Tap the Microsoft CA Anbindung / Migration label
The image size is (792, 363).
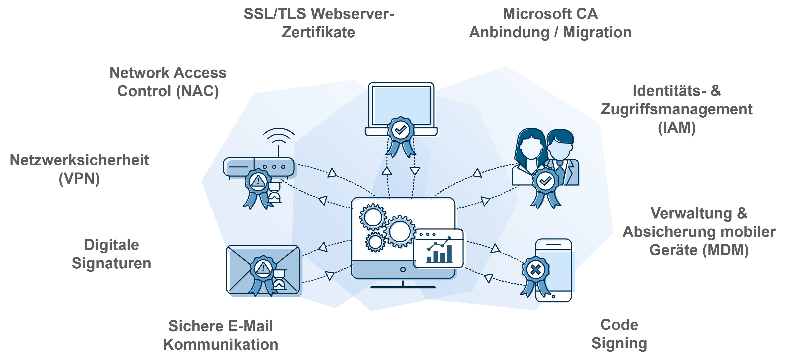550,23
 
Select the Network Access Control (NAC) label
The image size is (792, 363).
168,82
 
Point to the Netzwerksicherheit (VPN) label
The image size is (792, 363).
79,169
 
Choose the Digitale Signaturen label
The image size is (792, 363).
111,254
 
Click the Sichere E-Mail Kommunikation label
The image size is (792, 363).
220,335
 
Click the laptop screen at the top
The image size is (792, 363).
401,105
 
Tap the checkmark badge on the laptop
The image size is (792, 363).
401,130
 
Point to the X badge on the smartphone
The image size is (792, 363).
536,270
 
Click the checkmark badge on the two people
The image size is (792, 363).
545,181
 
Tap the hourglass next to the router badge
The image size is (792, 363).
275,192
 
